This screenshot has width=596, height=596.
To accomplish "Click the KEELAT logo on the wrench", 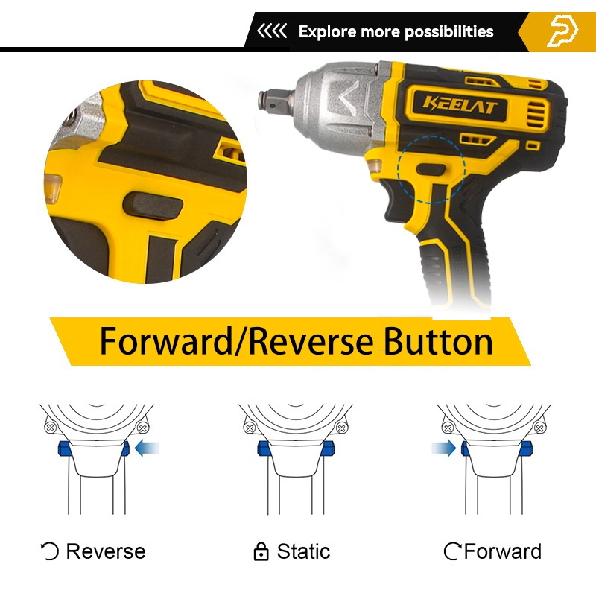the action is click(460, 106).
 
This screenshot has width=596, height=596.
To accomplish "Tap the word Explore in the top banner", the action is click(327, 31).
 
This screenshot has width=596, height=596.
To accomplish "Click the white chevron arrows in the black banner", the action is click(272, 31).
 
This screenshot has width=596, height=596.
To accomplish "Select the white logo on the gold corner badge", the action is click(563, 31).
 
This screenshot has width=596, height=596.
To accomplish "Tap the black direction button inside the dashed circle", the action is click(431, 170).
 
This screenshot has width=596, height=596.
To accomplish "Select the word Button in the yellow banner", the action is click(438, 340).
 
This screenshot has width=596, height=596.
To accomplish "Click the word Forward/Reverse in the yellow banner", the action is click(236, 341).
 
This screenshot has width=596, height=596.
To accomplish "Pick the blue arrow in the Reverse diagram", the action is click(147, 448).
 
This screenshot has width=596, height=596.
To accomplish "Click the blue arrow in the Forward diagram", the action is click(443, 448).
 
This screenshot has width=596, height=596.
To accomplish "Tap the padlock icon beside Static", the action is click(261, 552).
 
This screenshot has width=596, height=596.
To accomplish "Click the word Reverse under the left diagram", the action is click(106, 551).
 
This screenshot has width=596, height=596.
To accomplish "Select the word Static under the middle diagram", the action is click(303, 551).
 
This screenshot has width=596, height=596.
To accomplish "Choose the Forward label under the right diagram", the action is click(502, 551).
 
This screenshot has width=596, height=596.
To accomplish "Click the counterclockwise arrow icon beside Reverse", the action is click(50, 552).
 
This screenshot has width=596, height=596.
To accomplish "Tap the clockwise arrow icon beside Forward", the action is click(453, 552).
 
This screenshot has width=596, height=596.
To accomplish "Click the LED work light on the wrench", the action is click(374, 166).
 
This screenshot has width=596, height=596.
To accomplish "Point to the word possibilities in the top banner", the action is click(449, 32).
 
